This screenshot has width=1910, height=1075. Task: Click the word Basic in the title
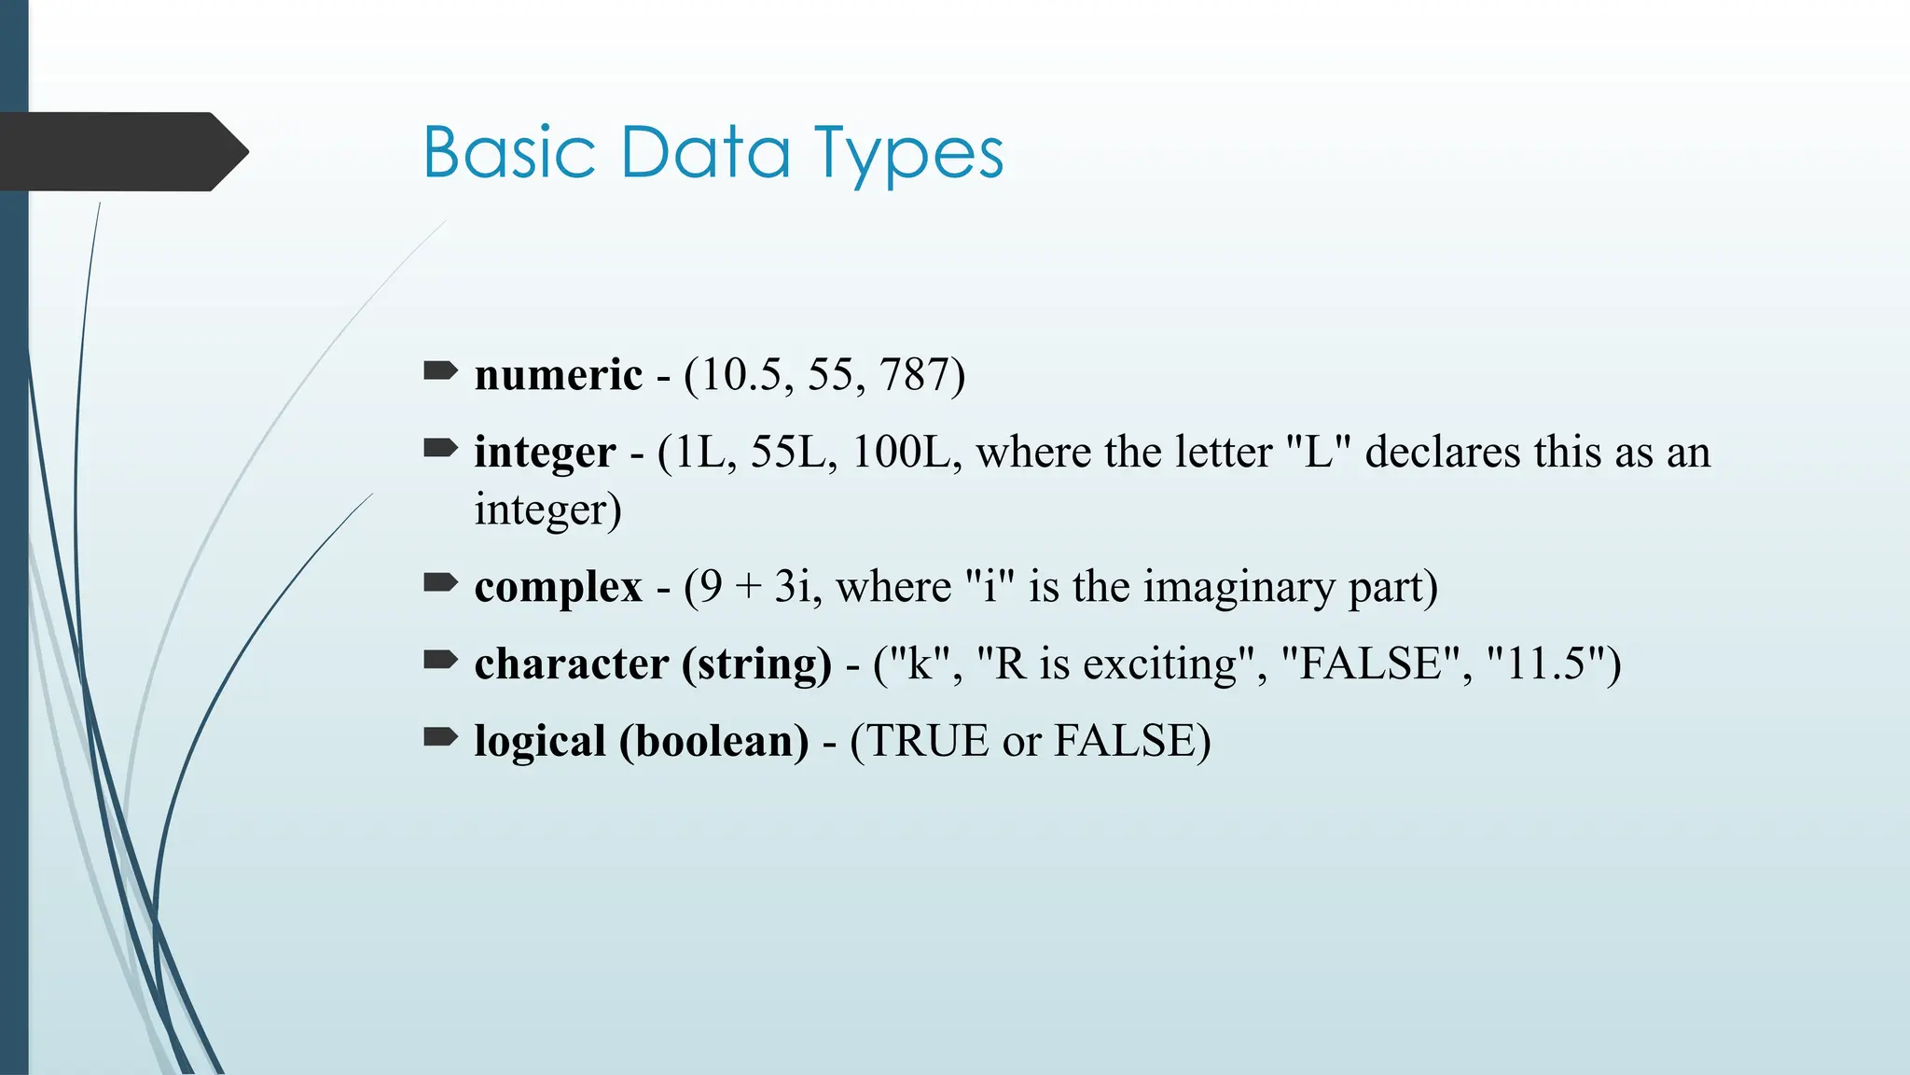(x=509, y=153)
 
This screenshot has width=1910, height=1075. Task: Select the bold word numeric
(x=558, y=375)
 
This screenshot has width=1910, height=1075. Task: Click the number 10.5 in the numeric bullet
(x=740, y=375)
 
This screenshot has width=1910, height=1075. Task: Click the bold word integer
(x=545, y=454)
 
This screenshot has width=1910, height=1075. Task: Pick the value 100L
(x=901, y=452)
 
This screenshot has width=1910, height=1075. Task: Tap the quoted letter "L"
(x=1318, y=452)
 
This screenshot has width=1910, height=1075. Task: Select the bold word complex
(x=558, y=587)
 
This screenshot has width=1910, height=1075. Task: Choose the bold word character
(x=571, y=664)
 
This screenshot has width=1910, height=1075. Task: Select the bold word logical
(x=540, y=743)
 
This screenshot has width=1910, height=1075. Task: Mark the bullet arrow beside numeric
(x=440, y=372)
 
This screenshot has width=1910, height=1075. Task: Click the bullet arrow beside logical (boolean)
(x=440, y=738)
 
